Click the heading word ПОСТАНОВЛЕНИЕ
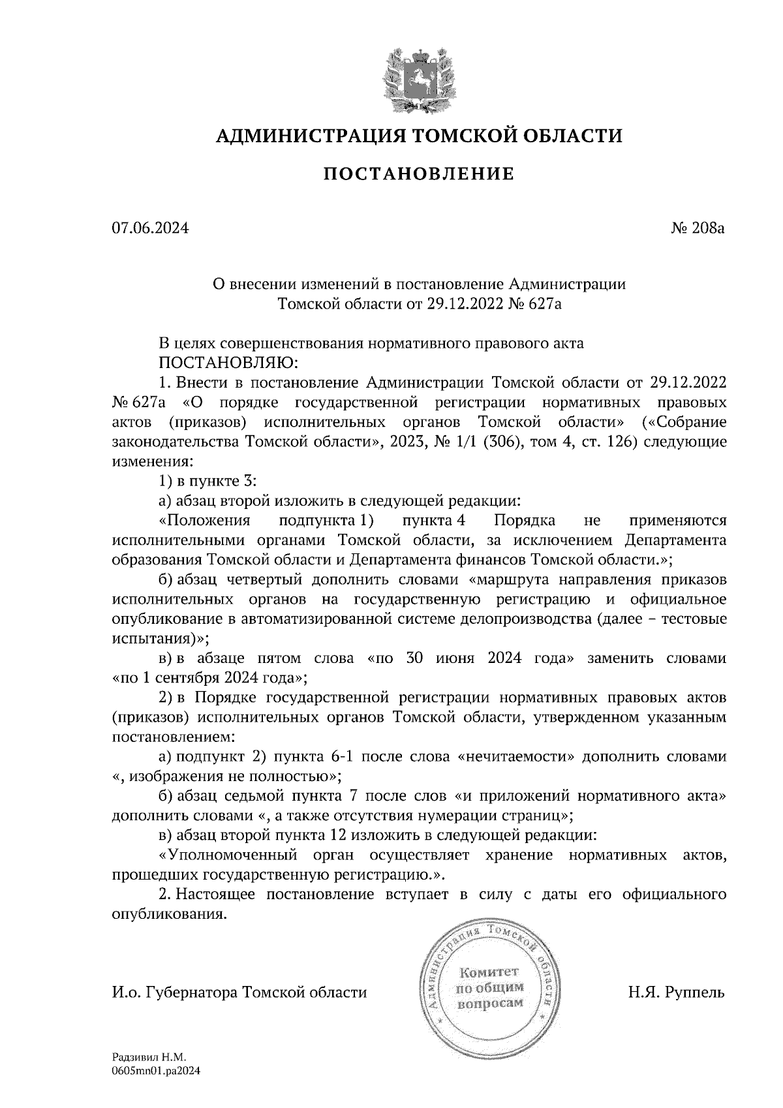[420, 174]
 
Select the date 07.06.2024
[150, 229]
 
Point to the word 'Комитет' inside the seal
[490, 972]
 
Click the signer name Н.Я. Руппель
[677, 993]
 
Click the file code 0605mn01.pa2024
[155, 1070]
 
